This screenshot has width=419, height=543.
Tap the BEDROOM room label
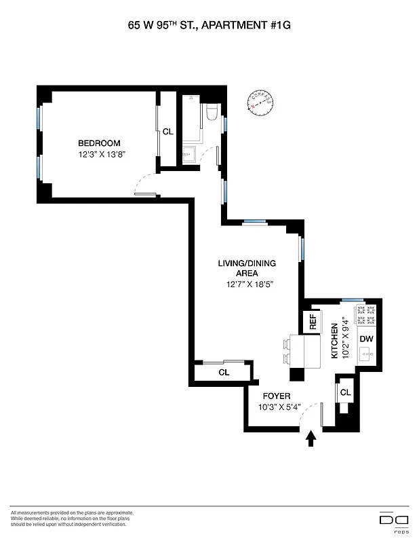click(x=99, y=143)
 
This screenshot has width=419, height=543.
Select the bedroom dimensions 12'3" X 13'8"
click(x=102, y=154)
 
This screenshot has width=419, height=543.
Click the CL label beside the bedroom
click(x=168, y=131)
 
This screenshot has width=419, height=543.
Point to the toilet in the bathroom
click(x=211, y=113)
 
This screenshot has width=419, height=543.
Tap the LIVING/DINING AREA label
click(x=247, y=268)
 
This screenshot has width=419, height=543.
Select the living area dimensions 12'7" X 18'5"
click(x=250, y=285)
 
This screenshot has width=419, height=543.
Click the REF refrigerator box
click(x=313, y=322)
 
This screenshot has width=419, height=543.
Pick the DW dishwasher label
click(x=366, y=339)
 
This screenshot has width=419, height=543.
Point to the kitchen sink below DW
click(x=365, y=354)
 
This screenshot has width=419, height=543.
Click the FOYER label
click(x=277, y=396)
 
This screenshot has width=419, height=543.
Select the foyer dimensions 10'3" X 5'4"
click(x=279, y=407)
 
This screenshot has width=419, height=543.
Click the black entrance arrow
click(x=311, y=439)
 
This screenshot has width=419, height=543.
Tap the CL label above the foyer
click(x=224, y=373)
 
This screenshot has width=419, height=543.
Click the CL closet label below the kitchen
click(x=345, y=392)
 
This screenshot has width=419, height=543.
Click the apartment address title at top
click(x=209, y=26)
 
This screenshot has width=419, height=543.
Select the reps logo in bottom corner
click(x=393, y=520)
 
